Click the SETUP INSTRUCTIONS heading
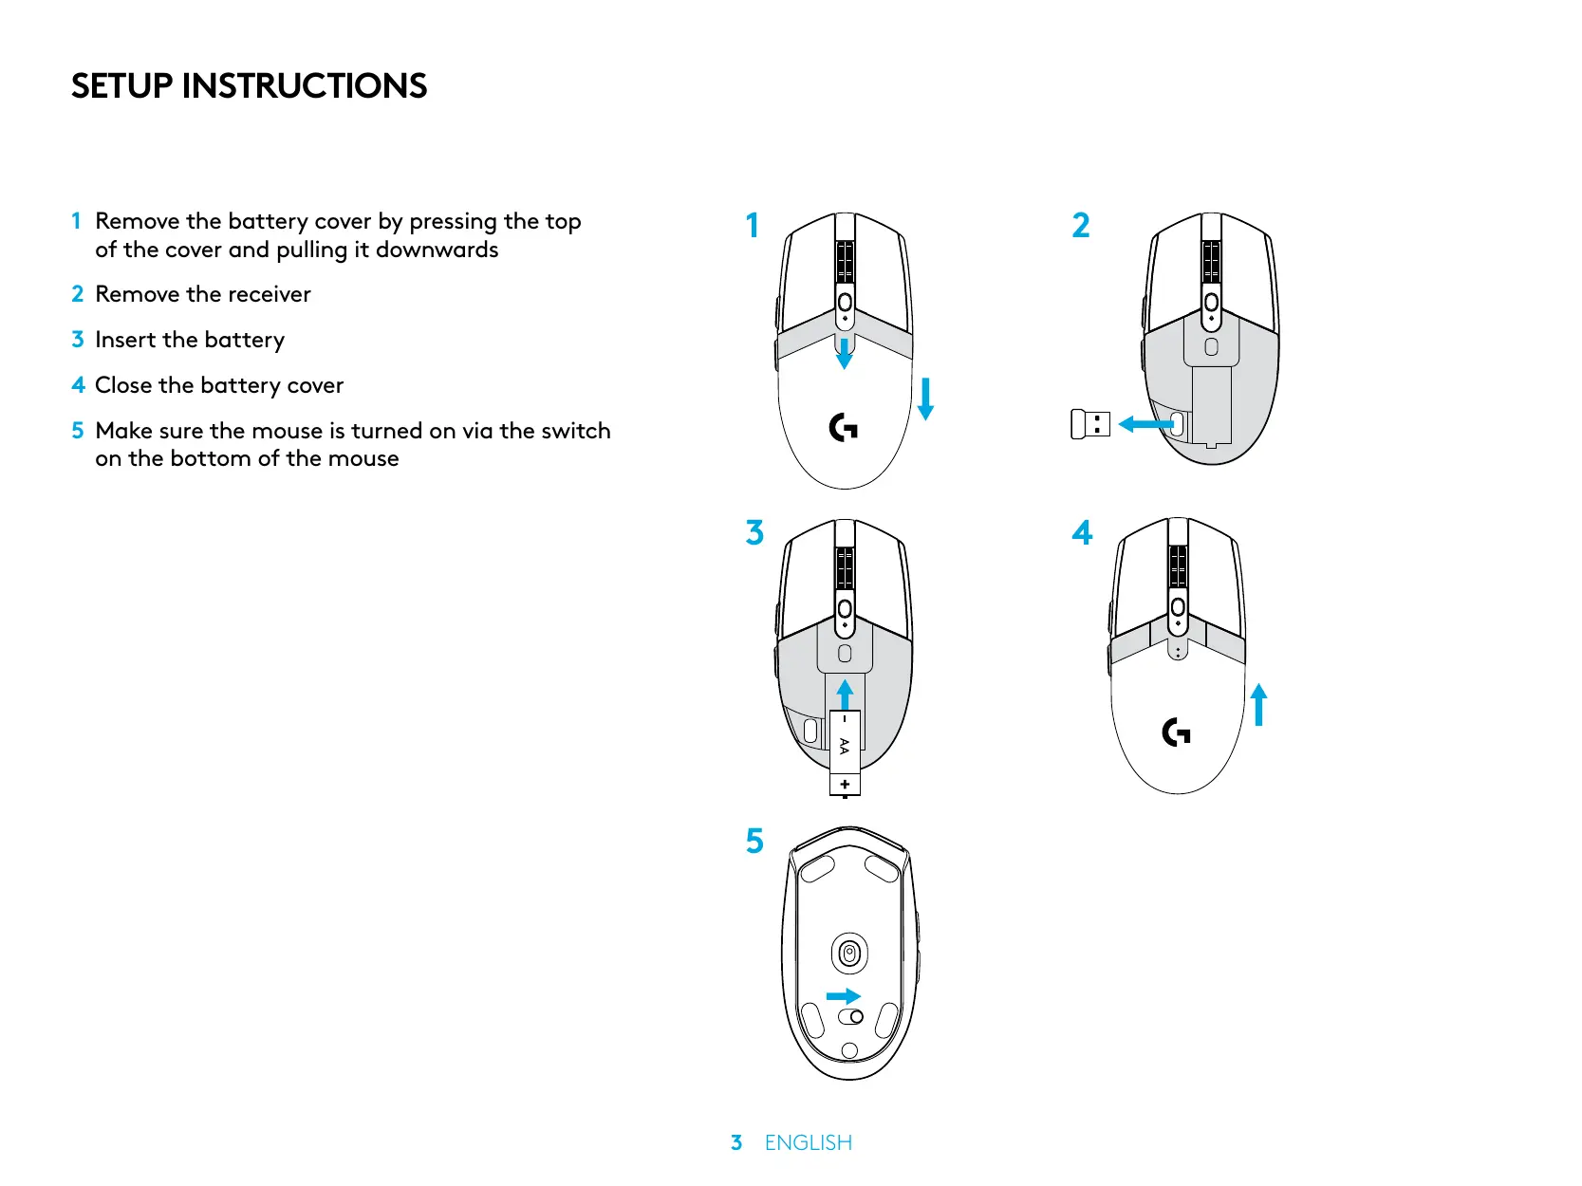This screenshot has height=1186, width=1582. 249,86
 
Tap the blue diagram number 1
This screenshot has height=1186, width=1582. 753,226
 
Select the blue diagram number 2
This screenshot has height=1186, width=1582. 1080,226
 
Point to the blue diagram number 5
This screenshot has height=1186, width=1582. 754,841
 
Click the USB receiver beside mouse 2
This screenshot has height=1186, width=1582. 1089,424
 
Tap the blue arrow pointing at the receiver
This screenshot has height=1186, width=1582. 1145,424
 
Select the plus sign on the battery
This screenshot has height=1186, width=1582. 845,785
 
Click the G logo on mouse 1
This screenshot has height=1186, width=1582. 843,428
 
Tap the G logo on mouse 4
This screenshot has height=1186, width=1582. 1176,732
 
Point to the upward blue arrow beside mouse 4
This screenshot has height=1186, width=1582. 1259,705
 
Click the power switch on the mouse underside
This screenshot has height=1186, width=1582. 851,1017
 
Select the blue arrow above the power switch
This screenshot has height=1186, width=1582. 843,996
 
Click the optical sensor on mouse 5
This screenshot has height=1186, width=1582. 849,954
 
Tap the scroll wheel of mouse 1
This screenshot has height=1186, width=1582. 845,261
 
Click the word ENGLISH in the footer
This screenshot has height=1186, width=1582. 809,1143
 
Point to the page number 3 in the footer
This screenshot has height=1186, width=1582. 736,1143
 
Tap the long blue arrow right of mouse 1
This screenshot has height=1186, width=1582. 926,398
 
